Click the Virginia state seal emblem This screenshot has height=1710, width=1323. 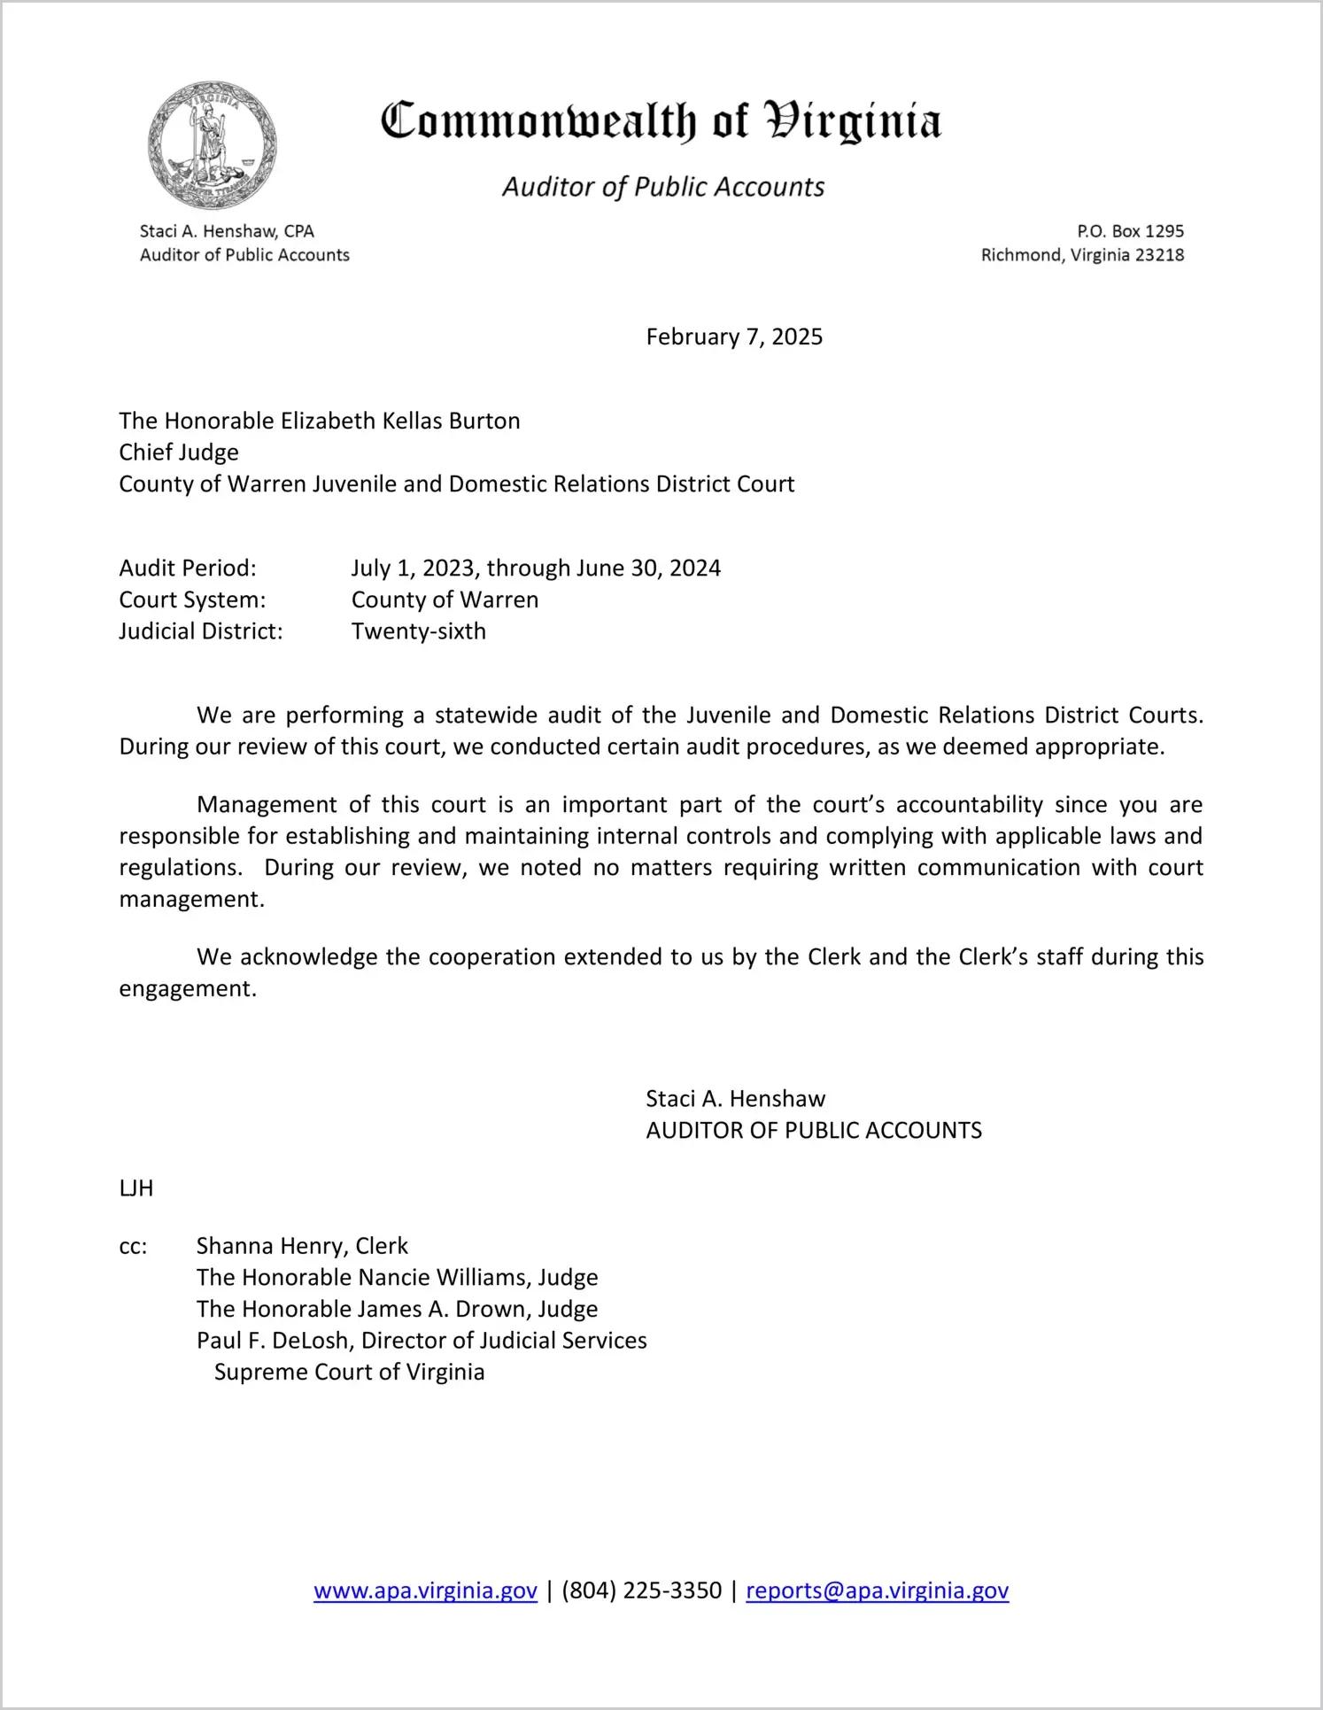coord(213,145)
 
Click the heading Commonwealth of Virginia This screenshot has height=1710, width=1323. coord(661,122)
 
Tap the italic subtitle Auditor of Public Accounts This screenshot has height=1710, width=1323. coord(663,187)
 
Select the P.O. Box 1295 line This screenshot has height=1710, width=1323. coord(1130,231)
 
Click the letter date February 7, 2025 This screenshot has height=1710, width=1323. coord(734,337)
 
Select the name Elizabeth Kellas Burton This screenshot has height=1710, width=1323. coord(400,421)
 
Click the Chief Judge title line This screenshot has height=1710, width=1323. coord(179,453)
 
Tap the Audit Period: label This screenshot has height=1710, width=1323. coord(188,568)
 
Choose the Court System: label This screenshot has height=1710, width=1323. coord(192,600)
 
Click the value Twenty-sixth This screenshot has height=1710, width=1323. coord(419,631)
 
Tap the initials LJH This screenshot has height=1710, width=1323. coord(136,1188)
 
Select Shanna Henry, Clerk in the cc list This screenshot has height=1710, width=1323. coord(302,1246)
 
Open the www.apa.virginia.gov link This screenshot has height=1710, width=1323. coord(425,1590)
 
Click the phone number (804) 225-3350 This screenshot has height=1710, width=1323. coord(641,1590)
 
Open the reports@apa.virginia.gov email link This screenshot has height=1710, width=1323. coord(877,1590)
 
